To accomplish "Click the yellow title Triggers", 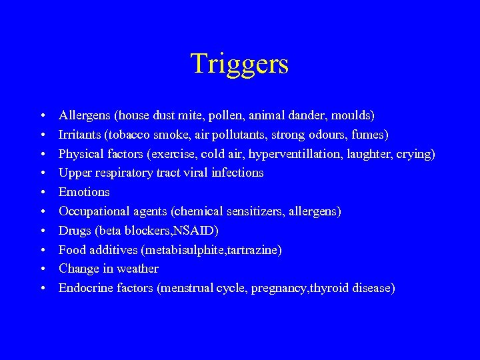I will tap(239, 64).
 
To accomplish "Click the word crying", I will tap(415, 154).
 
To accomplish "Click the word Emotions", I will tap(84, 192).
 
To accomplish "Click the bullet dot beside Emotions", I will tap(42, 193).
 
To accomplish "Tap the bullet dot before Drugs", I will tap(42, 231).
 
